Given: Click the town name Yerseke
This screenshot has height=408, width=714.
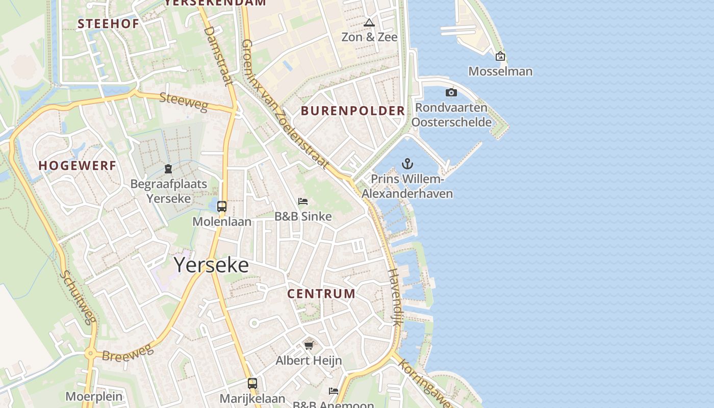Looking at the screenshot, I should tap(211, 265).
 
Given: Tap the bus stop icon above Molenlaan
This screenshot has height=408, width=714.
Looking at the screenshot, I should tap(222, 207).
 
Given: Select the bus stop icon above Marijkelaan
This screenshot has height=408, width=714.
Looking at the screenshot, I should tap(252, 384).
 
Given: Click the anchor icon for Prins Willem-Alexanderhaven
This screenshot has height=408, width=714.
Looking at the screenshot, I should tap(407, 164).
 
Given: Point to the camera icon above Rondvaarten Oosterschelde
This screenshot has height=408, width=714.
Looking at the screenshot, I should tap(451, 92).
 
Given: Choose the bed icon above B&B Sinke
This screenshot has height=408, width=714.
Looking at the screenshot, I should tap(303, 201).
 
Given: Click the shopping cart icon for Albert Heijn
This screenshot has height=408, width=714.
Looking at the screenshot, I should tap(309, 346).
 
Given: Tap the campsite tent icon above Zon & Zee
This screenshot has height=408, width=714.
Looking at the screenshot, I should tap(369, 22).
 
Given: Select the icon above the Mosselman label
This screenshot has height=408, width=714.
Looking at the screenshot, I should tap(500, 56).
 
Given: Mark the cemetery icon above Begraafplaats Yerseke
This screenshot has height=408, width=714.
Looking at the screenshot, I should tap(168, 169).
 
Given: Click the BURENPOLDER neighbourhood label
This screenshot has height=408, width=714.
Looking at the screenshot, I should tap(353, 111).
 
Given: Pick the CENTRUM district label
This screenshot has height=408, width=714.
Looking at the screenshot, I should tap(321, 294).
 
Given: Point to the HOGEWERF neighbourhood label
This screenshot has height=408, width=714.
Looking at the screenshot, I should tap(78, 165).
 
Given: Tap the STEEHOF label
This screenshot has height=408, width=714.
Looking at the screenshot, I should tap(108, 23).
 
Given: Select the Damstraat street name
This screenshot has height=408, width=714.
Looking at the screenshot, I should tap(218, 56).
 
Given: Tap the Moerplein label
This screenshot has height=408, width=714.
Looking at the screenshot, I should tap(94, 396).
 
